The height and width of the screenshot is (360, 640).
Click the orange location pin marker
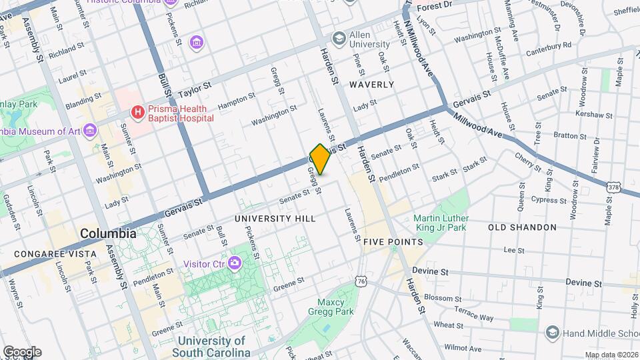click(320, 159)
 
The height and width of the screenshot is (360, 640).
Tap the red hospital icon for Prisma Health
click(138, 112)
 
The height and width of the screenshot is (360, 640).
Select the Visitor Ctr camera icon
click(234, 262)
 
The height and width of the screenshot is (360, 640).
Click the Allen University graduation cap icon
click(339, 37)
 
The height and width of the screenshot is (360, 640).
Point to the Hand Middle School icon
click(551, 332)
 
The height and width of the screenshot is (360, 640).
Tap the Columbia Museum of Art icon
click(90, 130)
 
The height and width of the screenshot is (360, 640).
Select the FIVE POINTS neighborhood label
click(393, 241)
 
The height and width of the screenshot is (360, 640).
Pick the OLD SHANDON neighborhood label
click(522, 227)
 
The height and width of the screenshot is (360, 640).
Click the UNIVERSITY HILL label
click(275, 218)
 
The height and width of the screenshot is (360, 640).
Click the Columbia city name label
click(108, 234)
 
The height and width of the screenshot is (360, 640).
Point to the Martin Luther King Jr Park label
click(441, 223)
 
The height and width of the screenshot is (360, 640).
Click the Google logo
click(22, 351)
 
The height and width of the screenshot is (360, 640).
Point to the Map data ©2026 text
click(611, 355)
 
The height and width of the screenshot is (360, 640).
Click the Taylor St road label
click(193, 87)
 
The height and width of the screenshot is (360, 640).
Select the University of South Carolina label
click(213, 346)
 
